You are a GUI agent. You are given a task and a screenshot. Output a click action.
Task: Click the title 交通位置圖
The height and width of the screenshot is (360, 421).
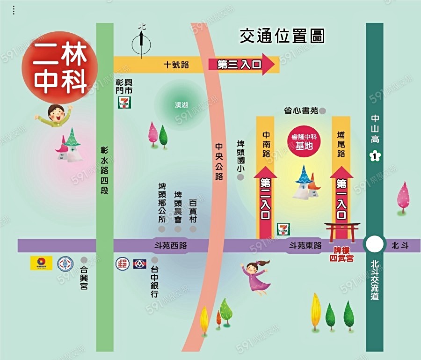click(x=282, y=36)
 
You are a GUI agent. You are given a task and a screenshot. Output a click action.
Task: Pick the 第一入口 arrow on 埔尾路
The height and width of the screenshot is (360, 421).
click(x=341, y=197)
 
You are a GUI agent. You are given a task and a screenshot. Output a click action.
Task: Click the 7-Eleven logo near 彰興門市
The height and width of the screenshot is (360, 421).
click(x=124, y=103)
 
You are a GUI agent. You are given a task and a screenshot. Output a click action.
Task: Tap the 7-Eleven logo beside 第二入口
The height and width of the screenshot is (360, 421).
click(x=283, y=228)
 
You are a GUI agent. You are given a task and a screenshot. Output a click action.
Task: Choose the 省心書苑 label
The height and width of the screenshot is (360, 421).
click(x=301, y=111)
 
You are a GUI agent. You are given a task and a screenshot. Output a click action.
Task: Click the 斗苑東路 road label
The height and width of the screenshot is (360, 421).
click(x=305, y=245)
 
